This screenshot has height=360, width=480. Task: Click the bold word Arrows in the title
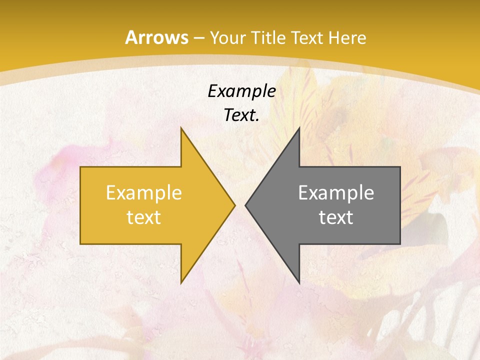tap(156, 37)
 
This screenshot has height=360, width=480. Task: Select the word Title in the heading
tap(269, 38)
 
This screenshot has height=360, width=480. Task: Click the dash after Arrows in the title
tap(198, 38)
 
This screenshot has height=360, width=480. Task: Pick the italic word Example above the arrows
tap(241, 91)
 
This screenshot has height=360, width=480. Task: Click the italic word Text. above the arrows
tap(241, 115)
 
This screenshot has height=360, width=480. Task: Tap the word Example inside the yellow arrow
tap(143, 193)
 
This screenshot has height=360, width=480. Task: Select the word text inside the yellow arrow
tap(143, 217)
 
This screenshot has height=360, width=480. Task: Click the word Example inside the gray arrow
tap(336, 193)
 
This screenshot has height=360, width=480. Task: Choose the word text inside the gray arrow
tap(336, 217)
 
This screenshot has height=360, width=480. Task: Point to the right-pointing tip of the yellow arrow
tap(234, 205)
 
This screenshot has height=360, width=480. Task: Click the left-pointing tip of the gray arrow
tap(245, 205)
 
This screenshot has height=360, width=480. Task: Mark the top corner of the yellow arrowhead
tap(181, 127)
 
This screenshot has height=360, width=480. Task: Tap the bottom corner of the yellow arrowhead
tap(181, 283)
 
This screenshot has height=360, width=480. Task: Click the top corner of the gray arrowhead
tap(299, 127)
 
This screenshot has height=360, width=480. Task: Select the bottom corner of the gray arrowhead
tap(299, 283)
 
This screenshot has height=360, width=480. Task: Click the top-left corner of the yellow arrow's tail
tap(80, 167)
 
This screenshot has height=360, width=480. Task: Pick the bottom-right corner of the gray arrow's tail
tap(400, 244)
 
